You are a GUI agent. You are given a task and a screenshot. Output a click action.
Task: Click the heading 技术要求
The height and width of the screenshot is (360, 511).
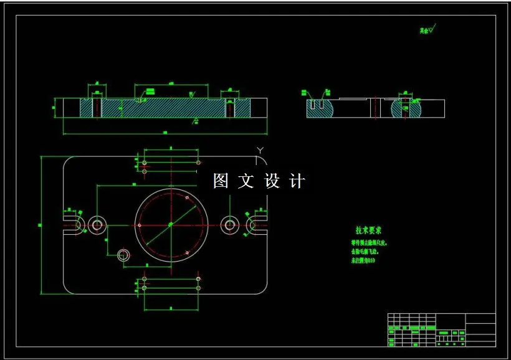(369, 230)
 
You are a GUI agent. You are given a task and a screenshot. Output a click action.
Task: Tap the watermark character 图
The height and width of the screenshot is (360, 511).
(221, 181)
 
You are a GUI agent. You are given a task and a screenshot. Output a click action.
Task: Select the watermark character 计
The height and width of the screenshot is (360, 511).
(298, 181)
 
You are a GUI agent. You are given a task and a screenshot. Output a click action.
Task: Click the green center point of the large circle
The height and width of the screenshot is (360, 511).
(171, 224)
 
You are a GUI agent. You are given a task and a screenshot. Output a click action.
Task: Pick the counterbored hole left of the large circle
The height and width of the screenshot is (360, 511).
(97, 224)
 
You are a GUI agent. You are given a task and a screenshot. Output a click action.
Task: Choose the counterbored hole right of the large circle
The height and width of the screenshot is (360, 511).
(231, 224)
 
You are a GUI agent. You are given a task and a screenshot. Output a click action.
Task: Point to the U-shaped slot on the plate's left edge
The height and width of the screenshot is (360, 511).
(72, 224)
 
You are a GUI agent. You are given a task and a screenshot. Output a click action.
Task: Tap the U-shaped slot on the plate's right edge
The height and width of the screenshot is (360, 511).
(255, 224)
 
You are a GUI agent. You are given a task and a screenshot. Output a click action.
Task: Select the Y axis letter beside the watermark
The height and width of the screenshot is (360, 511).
(260, 149)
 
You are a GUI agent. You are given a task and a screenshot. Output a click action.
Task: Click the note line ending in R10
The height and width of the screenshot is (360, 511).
(363, 260)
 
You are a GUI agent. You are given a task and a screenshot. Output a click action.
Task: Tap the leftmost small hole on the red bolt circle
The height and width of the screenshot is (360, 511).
(140, 225)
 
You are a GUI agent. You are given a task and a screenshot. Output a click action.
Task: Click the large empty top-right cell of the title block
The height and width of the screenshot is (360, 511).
(480, 319)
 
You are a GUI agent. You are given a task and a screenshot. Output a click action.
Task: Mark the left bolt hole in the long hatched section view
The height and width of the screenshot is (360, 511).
(97, 108)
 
